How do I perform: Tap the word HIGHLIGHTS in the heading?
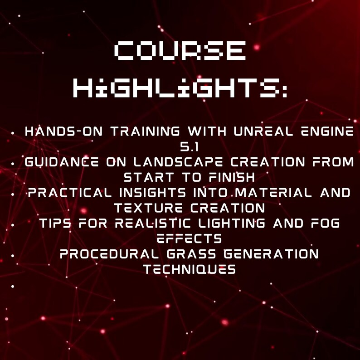pos(180,88)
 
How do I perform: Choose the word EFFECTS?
pos(189,239)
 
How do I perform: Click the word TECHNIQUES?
pos(189,270)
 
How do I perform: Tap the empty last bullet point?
pos(15,286)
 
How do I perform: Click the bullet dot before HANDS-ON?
pos(15,133)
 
